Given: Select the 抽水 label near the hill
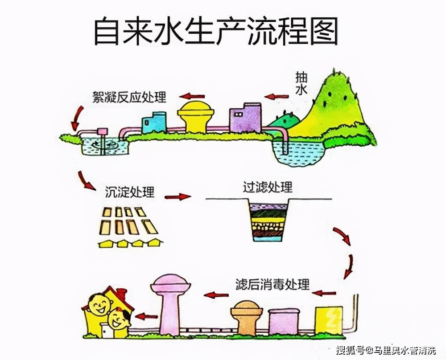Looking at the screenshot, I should click(301, 84).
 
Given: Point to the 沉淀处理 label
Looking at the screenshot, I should click(130, 192).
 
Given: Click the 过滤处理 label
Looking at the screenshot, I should click(268, 187).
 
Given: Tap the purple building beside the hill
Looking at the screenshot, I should click(245, 117).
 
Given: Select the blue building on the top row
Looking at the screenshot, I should click(154, 122).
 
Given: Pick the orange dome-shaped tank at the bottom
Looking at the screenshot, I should click(247, 317).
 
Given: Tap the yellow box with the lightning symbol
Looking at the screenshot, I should click(329, 319).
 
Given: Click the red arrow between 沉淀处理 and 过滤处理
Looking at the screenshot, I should click(178, 196).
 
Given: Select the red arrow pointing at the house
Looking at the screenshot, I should click(146, 316).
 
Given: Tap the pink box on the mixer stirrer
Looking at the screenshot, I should click(103, 131).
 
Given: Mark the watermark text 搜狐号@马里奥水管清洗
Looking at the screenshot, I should click(386, 350).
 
